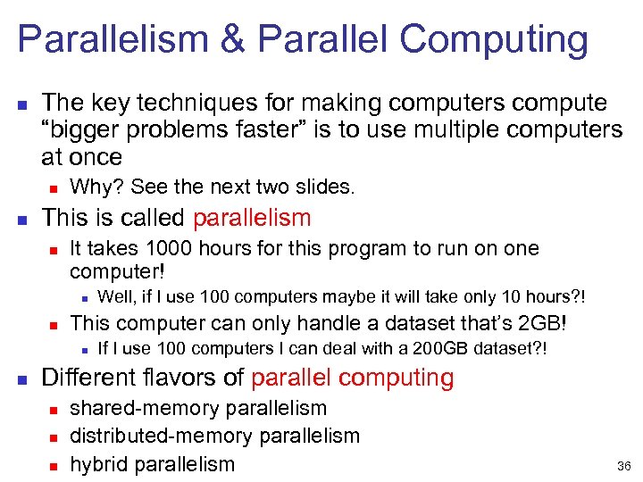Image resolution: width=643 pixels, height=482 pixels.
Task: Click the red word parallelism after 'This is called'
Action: [x=252, y=217]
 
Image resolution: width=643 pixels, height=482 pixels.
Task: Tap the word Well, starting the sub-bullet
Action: [x=115, y=296]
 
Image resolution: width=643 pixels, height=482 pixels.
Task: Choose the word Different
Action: [x=88, y=378]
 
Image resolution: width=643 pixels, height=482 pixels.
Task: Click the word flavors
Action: [x=187, y=378]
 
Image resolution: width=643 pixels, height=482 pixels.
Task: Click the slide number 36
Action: [x=624, y=465]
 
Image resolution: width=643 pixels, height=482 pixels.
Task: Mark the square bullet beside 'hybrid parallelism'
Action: [x=54, y=464]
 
